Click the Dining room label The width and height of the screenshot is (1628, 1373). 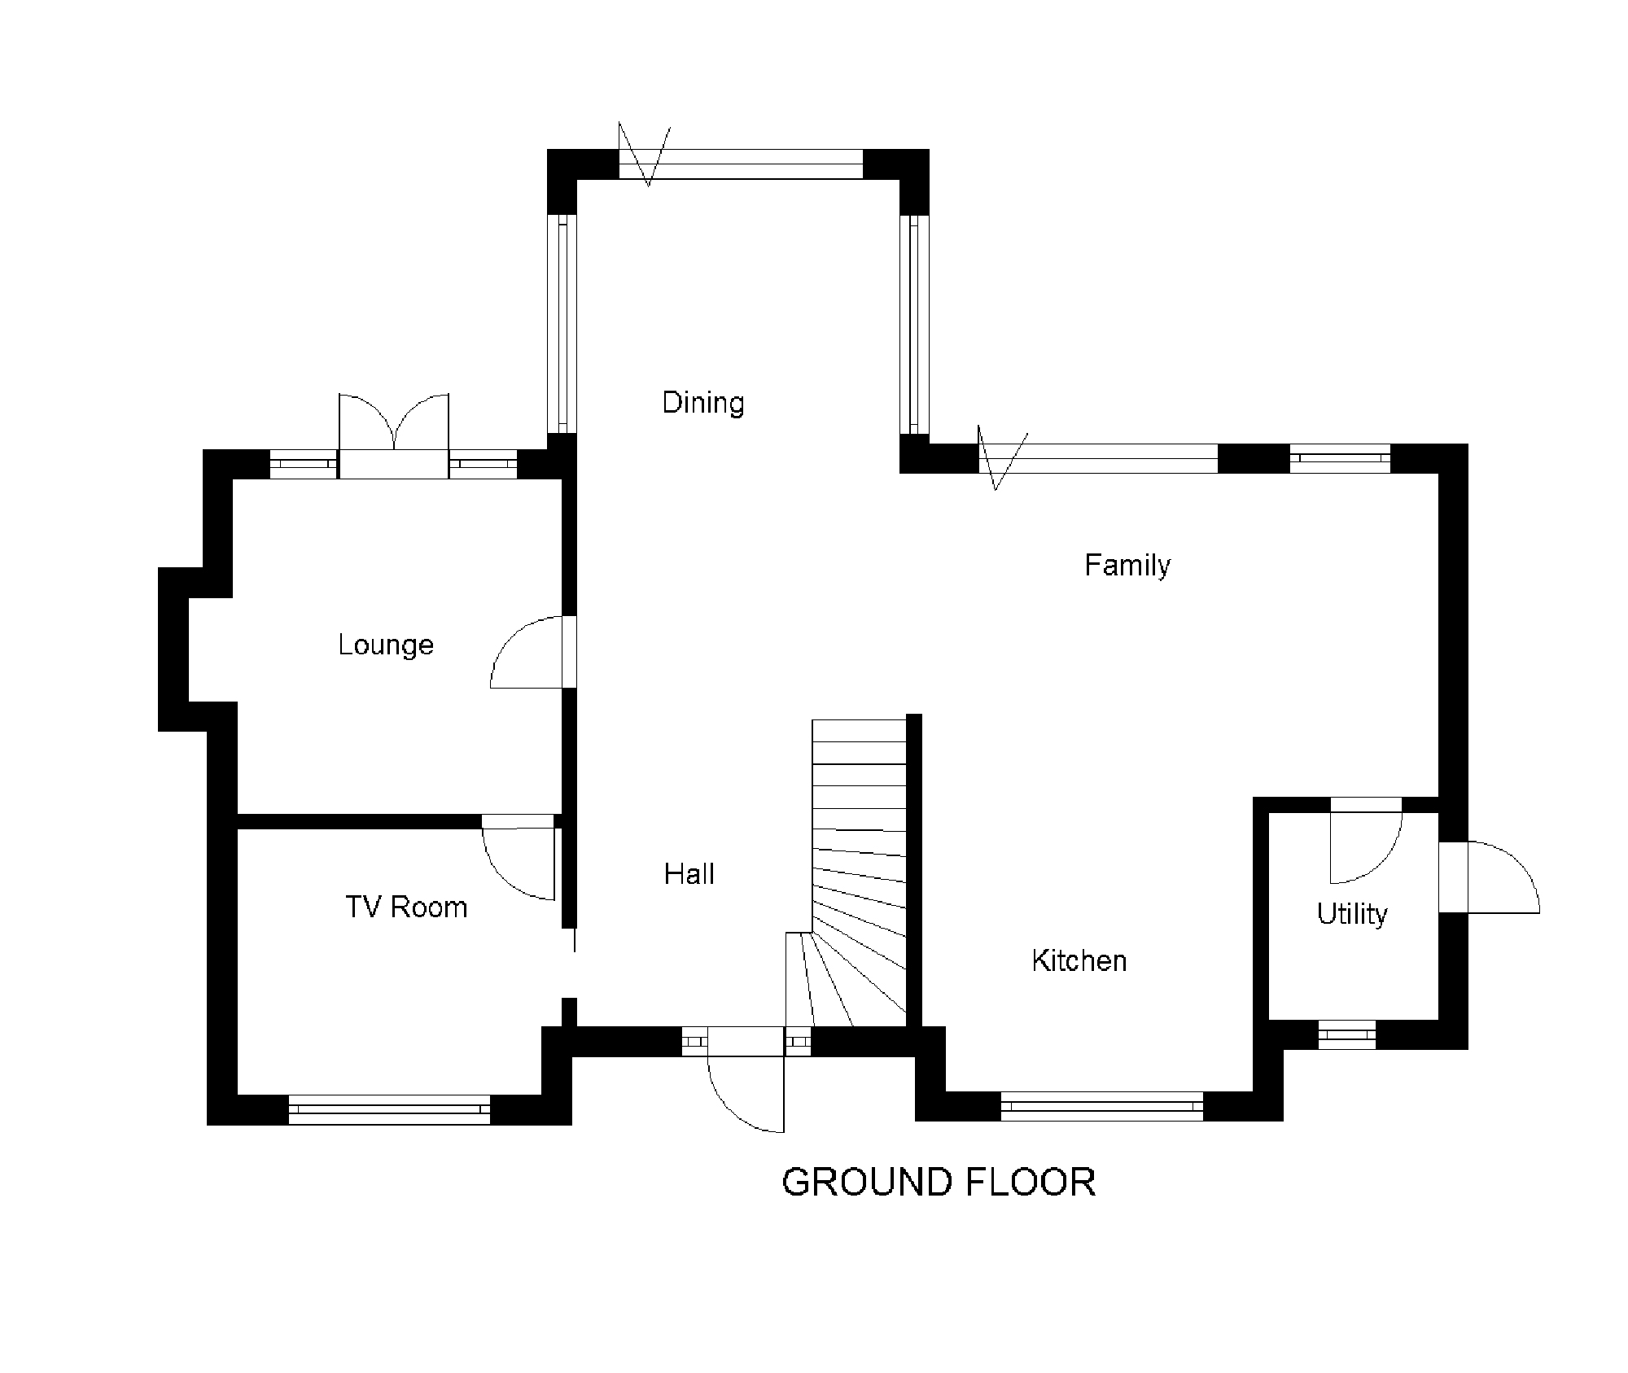click(x=703, y=403)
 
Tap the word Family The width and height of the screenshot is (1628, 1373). click(x=1127, y=565)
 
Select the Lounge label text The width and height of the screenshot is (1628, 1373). click(x=386, y=645)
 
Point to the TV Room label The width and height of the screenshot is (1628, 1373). click(x=406, y=907)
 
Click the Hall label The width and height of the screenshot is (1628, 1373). click(x=689, y=874)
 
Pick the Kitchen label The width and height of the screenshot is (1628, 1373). click(x=1079, y=960)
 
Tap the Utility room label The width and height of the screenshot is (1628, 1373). click(x=1352, y=914)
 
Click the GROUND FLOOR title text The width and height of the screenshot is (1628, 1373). click(x=939, y=1183)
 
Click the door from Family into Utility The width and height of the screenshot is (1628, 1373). click(x=1366, y=846)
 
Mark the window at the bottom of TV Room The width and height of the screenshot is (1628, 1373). click(x=389, y=1109)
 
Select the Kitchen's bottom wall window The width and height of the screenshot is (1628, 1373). click(x=1101, y=1106)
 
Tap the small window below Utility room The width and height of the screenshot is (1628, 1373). click(x=1346, y=1034)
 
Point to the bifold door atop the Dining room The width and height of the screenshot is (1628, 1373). click(x=741, y=164)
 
